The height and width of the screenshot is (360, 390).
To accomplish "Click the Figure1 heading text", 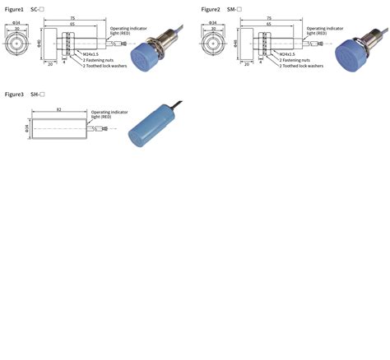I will coord(15,8).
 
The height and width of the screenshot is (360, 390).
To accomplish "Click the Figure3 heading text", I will coord(15,95).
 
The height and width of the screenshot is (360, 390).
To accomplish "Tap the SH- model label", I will coord(37,95).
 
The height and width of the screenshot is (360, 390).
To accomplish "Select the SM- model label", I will coord(234,8).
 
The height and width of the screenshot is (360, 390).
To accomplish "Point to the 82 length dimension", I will coord(58,109).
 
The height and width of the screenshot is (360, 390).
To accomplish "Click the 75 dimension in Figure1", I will coord(72,18).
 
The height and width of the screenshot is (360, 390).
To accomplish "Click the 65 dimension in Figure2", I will coord(269,24).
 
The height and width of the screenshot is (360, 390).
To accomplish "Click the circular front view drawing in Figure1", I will coord(16,42).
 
